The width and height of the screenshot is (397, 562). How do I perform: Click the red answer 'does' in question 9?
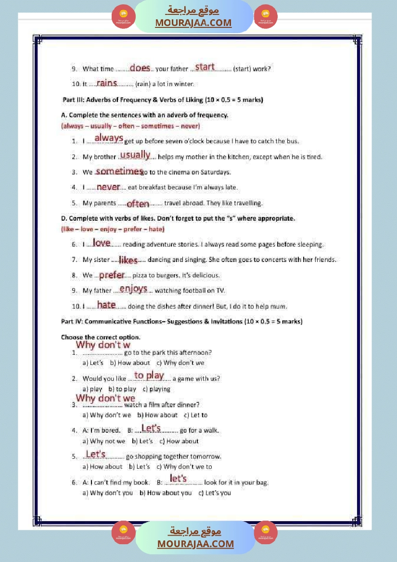click(140, 68)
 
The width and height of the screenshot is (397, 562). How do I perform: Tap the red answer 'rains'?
click(107, 83)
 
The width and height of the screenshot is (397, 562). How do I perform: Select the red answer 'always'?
click(109, 138)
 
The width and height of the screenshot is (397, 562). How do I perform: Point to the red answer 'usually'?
click(135, 154)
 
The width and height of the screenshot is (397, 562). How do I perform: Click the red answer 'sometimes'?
click(119, 171)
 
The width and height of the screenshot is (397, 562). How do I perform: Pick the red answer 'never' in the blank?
click(108, 187)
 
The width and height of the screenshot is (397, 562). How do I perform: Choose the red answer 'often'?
click(138, 204)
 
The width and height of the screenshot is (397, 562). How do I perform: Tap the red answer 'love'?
click(102, 243)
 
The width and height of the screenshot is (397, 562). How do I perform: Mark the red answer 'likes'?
click(128, 260)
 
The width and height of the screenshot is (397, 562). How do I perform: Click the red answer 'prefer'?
click(112, 275)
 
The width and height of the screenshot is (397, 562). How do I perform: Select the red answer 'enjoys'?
click(133, 288)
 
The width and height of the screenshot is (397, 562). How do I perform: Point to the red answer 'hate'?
click(106, 305)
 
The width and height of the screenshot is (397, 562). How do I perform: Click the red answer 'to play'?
click(149, 375)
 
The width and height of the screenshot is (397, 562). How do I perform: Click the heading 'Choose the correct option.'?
click(101, 337)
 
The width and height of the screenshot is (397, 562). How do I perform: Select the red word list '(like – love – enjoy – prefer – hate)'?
click(113, 229)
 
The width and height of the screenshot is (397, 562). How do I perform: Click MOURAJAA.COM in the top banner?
click(193, 23)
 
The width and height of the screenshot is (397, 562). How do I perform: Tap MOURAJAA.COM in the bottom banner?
click(195, 544)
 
